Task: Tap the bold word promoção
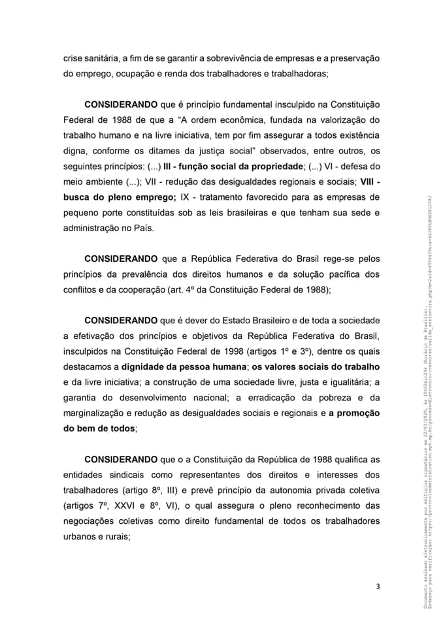pyautogui.click(x=354, y=413)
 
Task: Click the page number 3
pyautogui.click(x=378, y=586)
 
